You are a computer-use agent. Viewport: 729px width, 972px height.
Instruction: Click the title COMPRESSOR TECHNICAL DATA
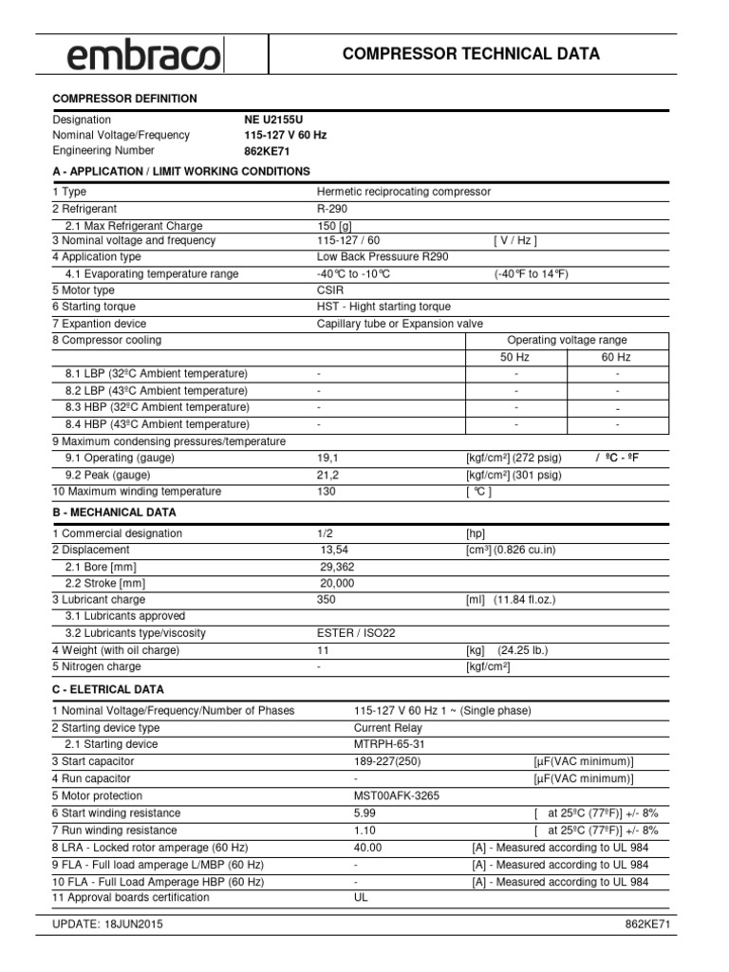tap(471, 54)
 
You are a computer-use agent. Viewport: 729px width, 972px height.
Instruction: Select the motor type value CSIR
tap(330, 290)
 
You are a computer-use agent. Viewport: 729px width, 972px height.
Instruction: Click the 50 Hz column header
tap(517, 358)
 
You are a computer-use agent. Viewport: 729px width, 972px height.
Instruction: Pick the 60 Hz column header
tap(617, 358)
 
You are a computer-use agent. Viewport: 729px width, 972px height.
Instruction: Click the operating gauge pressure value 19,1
tap(327, 458)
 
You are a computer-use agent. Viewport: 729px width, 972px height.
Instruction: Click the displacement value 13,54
tap(335, 550)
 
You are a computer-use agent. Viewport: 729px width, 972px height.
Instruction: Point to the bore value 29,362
tap(338, 567)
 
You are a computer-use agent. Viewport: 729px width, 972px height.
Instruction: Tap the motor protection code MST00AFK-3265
tap(397, 796)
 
